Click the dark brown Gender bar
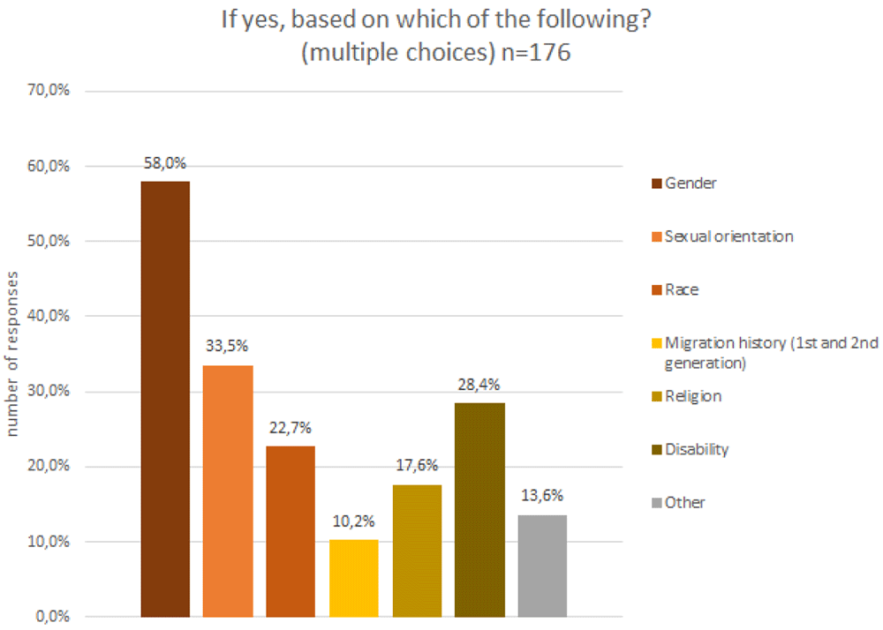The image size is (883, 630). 165,399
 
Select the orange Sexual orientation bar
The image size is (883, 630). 228,491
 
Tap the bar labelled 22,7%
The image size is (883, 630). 291,531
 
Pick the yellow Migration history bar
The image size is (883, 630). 354,578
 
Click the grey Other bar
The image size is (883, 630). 542,566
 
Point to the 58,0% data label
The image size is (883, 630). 165,163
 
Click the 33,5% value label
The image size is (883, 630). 227,345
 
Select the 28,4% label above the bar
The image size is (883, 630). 479,385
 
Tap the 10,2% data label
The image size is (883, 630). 354,521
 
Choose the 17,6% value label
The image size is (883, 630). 417,465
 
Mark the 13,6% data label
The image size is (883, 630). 542,496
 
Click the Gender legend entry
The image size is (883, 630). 684,184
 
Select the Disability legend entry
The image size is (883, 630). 691,449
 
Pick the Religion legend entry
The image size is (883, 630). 686,396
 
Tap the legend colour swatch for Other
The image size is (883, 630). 657,503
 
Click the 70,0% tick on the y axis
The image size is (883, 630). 49,90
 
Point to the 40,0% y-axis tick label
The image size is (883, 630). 49,316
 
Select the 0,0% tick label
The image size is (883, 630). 53,617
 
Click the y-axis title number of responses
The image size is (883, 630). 12,354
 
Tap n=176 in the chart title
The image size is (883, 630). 536,52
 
